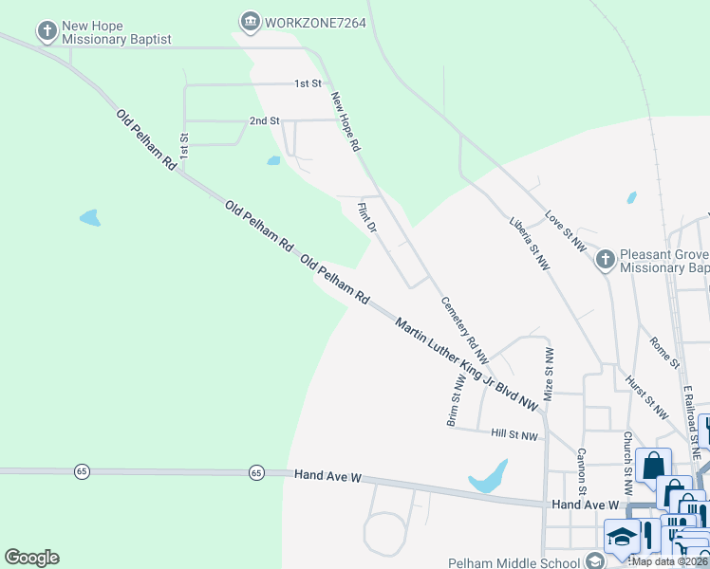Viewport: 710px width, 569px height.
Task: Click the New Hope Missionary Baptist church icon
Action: click(x=47, y=31)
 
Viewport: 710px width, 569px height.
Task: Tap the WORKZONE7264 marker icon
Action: click(x=250, y=20)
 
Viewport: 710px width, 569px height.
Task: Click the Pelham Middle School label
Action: click(x=516, y=561)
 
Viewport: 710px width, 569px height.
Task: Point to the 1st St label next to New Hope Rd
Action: click(x=308, y=83)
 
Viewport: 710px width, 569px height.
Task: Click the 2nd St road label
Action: click(x=265, y=121)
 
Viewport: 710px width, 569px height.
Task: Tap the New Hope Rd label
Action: click(x=346, y=122)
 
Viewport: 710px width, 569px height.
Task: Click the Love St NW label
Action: click(x=566, y=231)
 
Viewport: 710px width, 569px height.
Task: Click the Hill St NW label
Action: click(x=514, y=435)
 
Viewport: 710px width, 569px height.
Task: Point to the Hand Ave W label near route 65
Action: click(x=328, y=475)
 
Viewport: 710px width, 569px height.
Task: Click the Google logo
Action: click(x=31, y=558)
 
